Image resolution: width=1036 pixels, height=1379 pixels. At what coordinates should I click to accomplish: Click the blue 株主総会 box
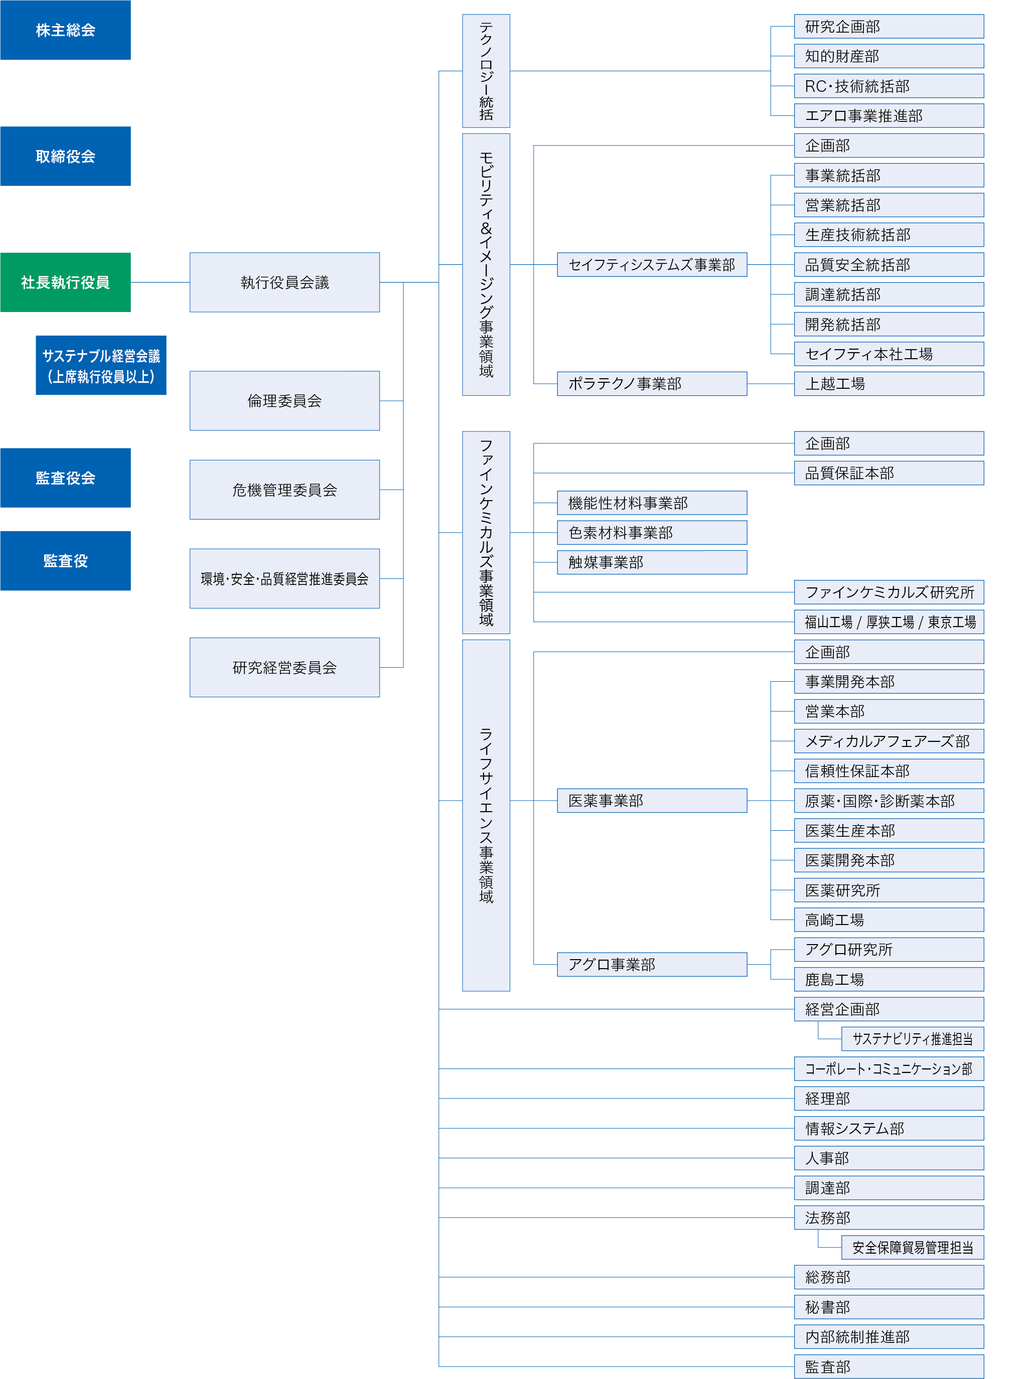[65, 30]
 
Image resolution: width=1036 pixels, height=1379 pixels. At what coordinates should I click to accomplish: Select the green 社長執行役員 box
[65, 282]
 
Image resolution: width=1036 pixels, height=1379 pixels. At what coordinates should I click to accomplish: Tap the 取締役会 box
[65, 157]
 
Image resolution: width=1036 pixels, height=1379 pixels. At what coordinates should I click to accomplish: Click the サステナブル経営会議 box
[101, 365]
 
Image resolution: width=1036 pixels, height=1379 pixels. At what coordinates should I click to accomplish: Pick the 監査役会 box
[65, 478]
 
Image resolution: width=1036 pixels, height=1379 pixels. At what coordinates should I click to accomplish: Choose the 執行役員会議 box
[285, 282]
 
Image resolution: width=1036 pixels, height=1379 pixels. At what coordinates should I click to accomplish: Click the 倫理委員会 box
[285, 401]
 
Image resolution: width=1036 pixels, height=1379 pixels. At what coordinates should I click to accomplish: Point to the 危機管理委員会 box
[285, 490]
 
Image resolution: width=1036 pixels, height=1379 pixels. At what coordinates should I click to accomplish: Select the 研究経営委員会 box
[285, 668]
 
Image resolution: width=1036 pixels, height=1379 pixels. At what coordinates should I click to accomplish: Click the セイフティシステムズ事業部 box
[652, 265]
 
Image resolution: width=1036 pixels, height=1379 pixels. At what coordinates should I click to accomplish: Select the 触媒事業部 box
[652, 562]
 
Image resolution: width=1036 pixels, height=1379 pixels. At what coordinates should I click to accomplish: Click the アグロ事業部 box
[652, 965]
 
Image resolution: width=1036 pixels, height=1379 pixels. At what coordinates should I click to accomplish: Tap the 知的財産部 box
[890, 56]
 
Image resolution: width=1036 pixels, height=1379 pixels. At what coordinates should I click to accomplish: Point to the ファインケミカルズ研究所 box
[890, 592]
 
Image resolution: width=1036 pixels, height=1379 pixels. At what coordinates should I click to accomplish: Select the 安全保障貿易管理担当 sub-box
[913, 1248]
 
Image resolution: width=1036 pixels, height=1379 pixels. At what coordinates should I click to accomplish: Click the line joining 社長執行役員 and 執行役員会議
[160, 282]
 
